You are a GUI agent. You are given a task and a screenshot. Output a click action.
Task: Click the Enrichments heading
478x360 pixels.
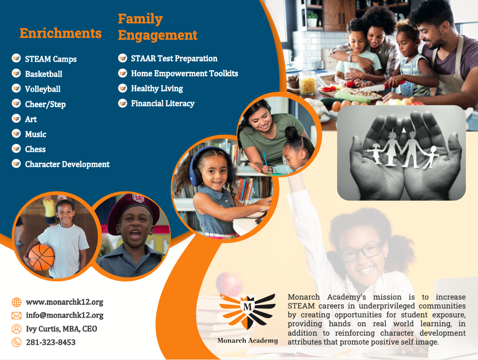pos(60,33)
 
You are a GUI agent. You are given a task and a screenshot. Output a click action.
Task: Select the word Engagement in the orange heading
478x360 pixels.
pos(157,35)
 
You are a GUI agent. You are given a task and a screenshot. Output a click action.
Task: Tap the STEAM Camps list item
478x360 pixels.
pos(51,59)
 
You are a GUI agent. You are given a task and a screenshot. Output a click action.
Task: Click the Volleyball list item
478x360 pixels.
pos(43,89)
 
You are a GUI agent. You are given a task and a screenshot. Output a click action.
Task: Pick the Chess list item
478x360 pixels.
pos(35,149)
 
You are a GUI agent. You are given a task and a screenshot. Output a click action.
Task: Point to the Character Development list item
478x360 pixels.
pos(67,164)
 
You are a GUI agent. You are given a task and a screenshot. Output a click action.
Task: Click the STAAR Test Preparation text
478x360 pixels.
pos(174,59)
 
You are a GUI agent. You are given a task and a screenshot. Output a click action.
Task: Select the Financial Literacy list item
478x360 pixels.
pos(162,103)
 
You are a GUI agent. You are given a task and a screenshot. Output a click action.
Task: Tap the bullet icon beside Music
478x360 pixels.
pos(16,134)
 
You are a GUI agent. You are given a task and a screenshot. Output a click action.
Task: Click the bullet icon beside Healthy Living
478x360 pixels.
pos(123,88)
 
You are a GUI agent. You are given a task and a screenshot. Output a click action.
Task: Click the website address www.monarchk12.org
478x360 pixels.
pos(64,302)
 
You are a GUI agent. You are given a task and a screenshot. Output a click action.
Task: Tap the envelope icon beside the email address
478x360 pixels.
pos(16,316)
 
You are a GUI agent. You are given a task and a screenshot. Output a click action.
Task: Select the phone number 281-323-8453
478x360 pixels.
pos(51,342)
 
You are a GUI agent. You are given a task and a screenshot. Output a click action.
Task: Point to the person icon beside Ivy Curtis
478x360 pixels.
pos(16,329)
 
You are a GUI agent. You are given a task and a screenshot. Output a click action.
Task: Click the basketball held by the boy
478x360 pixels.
pos(41,257)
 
